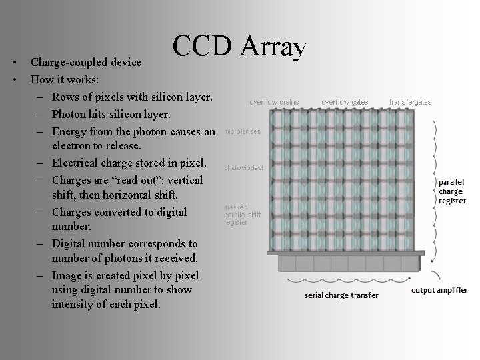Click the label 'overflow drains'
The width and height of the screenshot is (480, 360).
[x=274, y=102]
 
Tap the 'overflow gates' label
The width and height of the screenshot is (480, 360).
[x=344, y=102]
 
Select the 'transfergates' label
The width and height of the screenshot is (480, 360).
[x=410, y=102]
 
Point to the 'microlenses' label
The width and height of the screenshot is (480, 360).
[x=242, y=131]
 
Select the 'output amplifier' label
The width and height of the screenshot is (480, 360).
[x=439, y=290]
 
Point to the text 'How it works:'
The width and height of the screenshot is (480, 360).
[x=65, y=79]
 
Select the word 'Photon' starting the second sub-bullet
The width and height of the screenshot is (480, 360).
[x=70, y=113]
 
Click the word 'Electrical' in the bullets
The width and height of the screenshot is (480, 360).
[x=78, y=163]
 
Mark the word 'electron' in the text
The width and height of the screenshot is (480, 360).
[x=73, y=145]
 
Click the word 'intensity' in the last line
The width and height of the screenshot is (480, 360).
[x=74, y=305]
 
